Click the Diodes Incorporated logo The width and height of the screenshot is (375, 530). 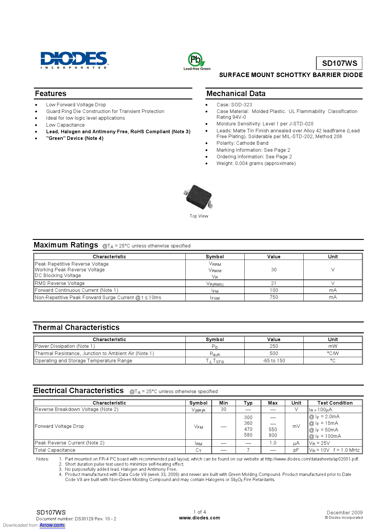[x=74, y=60]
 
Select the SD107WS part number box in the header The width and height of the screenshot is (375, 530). [x=339, y=63]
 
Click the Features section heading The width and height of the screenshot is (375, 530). [x=51, y=94]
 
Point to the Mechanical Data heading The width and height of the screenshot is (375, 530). [x=236, y=94]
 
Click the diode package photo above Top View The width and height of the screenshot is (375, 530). [x=199, y=197]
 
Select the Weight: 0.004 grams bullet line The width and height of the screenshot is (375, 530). [x=256, y=163]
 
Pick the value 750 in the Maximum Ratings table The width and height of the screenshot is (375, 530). [x=274, y=297]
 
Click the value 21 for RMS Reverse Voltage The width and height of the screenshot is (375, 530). [x=274, y=283]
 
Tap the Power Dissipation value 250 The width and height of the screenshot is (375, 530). [x=274, y=346]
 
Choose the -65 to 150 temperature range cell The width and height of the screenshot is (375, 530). [x=274, y=361]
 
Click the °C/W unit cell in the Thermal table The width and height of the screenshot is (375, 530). [x=333, y=354]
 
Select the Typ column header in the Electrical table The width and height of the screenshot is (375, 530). [x=248, y=403]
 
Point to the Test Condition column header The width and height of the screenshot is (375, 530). [x=335, y=403]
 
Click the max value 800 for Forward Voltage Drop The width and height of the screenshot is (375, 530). [x=273, y=435]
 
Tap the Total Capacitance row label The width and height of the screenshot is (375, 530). [x=55, y=450]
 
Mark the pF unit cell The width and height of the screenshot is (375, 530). [x=296, y=450]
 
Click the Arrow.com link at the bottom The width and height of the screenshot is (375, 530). [x=52, y=525]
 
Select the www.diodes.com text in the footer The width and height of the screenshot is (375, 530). [x=200, y=518]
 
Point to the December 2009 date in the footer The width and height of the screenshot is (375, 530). [x=344, y=513]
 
